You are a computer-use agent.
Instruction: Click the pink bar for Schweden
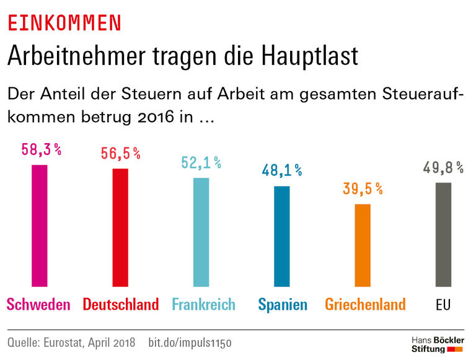[x=40, y=226]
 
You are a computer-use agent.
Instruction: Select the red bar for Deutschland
[x=120, y=227]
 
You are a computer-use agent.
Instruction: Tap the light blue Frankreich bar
[x=201, y=232]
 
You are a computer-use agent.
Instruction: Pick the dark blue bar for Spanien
[x=282, y=236]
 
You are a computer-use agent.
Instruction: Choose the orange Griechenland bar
[x=363, y=245]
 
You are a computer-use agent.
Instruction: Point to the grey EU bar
[x=443, y=235]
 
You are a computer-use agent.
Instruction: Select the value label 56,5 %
[x=120, y=154]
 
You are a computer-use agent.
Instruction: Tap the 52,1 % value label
[x=201, y=163]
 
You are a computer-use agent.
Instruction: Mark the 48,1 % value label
[x=281, y=170]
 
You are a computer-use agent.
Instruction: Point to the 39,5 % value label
[x=363, y=189]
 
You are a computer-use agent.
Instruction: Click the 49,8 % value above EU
[x=443, y=167]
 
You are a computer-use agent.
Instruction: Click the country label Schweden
[x=38, y=305]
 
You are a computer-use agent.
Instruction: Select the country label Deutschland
[x=121, y=305]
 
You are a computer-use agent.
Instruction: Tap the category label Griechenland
[x=365, y=305]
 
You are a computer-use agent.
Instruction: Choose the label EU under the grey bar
[x=443, y=305]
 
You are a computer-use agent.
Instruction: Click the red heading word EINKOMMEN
[x=64, y=23]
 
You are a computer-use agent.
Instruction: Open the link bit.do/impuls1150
[x=192, y=342]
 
